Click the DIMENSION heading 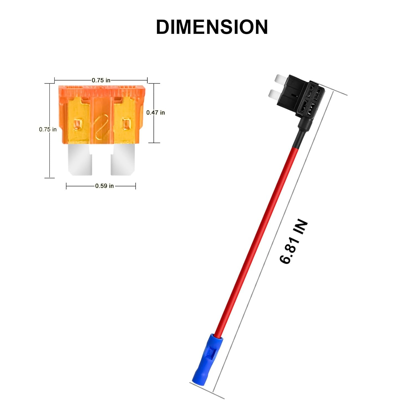(x=212, y=27)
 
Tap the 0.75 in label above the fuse (x=101, y=80)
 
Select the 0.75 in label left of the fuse (x=48, y=129)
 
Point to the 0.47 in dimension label (x=156, y=112)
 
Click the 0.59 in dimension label (x=104, y=186)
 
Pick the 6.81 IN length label (x=293, y=242)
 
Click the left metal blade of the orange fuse (x=80, y=160)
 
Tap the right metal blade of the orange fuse (x=123, y=160)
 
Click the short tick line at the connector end (x=207, y=391)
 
